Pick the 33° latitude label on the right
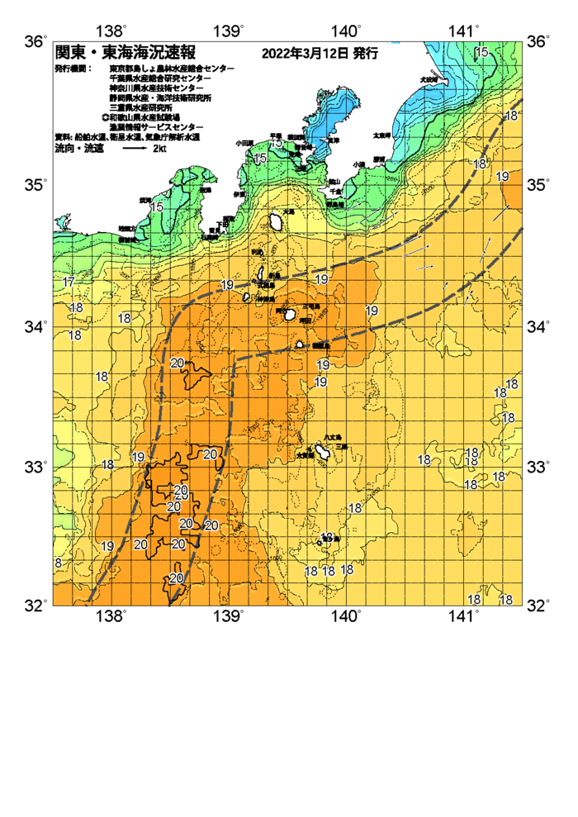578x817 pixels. coord(538,468)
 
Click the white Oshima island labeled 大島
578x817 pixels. coord(276,221)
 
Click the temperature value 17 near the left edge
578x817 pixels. coord(69,283)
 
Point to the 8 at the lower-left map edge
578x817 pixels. coord(58,563)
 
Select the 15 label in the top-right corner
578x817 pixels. coord(481,54)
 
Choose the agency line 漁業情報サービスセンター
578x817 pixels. coord(156,126)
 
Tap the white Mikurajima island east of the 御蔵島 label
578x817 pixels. coord(299,344)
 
